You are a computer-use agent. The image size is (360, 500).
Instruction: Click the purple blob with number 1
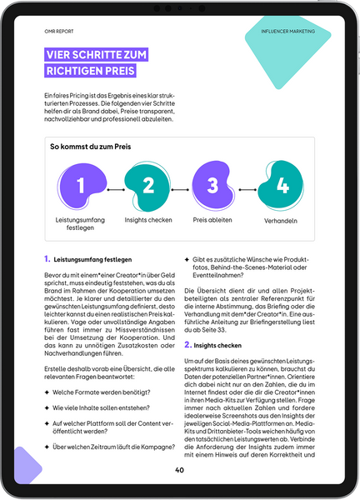click(81, 186)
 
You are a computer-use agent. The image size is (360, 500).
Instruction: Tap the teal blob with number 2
click(147, 186)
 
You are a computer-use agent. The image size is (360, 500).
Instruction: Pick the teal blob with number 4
click(282, 186)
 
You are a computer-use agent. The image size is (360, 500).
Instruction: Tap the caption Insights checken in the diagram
click(147, 219)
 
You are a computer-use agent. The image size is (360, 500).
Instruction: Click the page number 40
click(179, 470)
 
